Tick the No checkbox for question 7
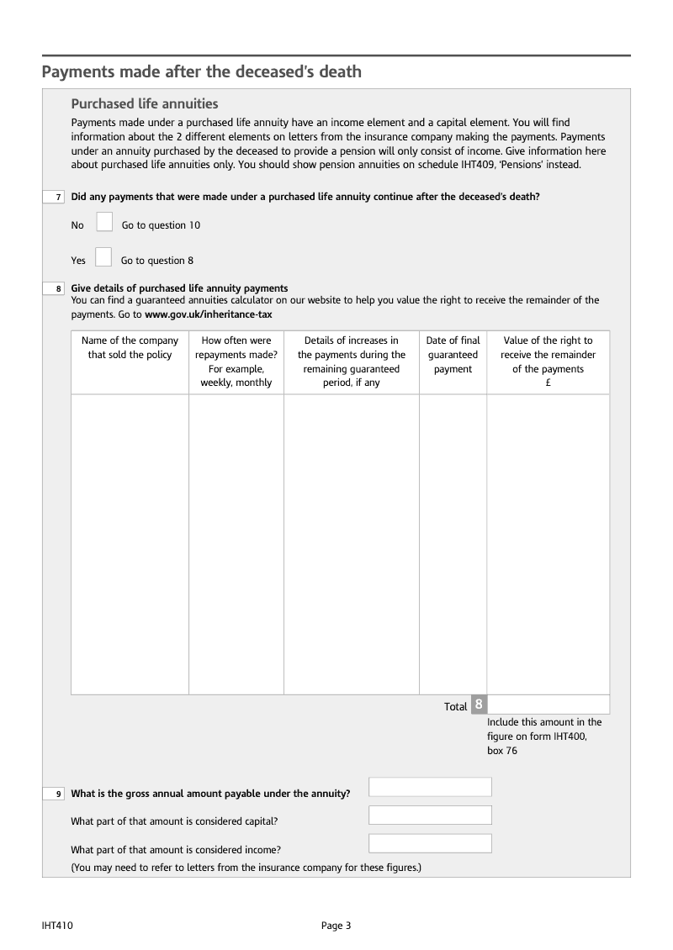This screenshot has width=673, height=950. point(104,222)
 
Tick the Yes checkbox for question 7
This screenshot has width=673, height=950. point(103,256)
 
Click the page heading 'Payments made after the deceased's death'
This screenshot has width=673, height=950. point(202,71)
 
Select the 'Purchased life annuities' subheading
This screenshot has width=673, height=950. point(145,104)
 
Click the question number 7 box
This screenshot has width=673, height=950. point(54,197)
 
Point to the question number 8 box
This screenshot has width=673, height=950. point(54,289)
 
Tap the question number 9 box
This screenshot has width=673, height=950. point(54,794)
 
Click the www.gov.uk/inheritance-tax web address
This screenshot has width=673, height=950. point(209,314)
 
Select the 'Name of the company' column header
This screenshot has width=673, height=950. point(130,348)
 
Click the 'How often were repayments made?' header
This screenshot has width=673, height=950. point(236,362)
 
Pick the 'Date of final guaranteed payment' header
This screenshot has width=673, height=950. point(453,355)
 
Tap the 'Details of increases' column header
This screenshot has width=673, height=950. point(352,362)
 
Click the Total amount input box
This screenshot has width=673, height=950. point(548,705)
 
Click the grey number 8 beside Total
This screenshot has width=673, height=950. point(478,705)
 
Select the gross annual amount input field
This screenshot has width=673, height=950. point(430,787)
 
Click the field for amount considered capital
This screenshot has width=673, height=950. point(430,815)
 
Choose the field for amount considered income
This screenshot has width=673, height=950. point(430,843)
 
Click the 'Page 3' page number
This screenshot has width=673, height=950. point(336,926)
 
